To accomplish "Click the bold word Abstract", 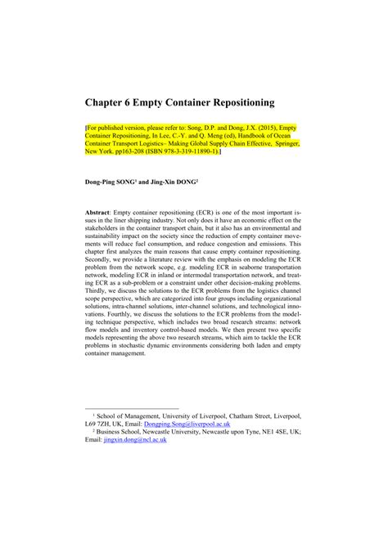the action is coord(102,211).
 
